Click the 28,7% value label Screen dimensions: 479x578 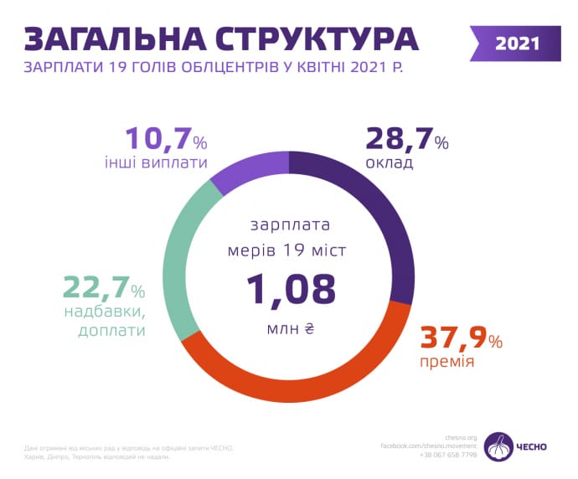click(407, 139)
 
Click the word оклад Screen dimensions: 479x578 click(390, 162)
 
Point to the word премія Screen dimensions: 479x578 click(447, 363)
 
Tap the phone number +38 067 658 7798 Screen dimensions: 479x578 click(448, 455)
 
